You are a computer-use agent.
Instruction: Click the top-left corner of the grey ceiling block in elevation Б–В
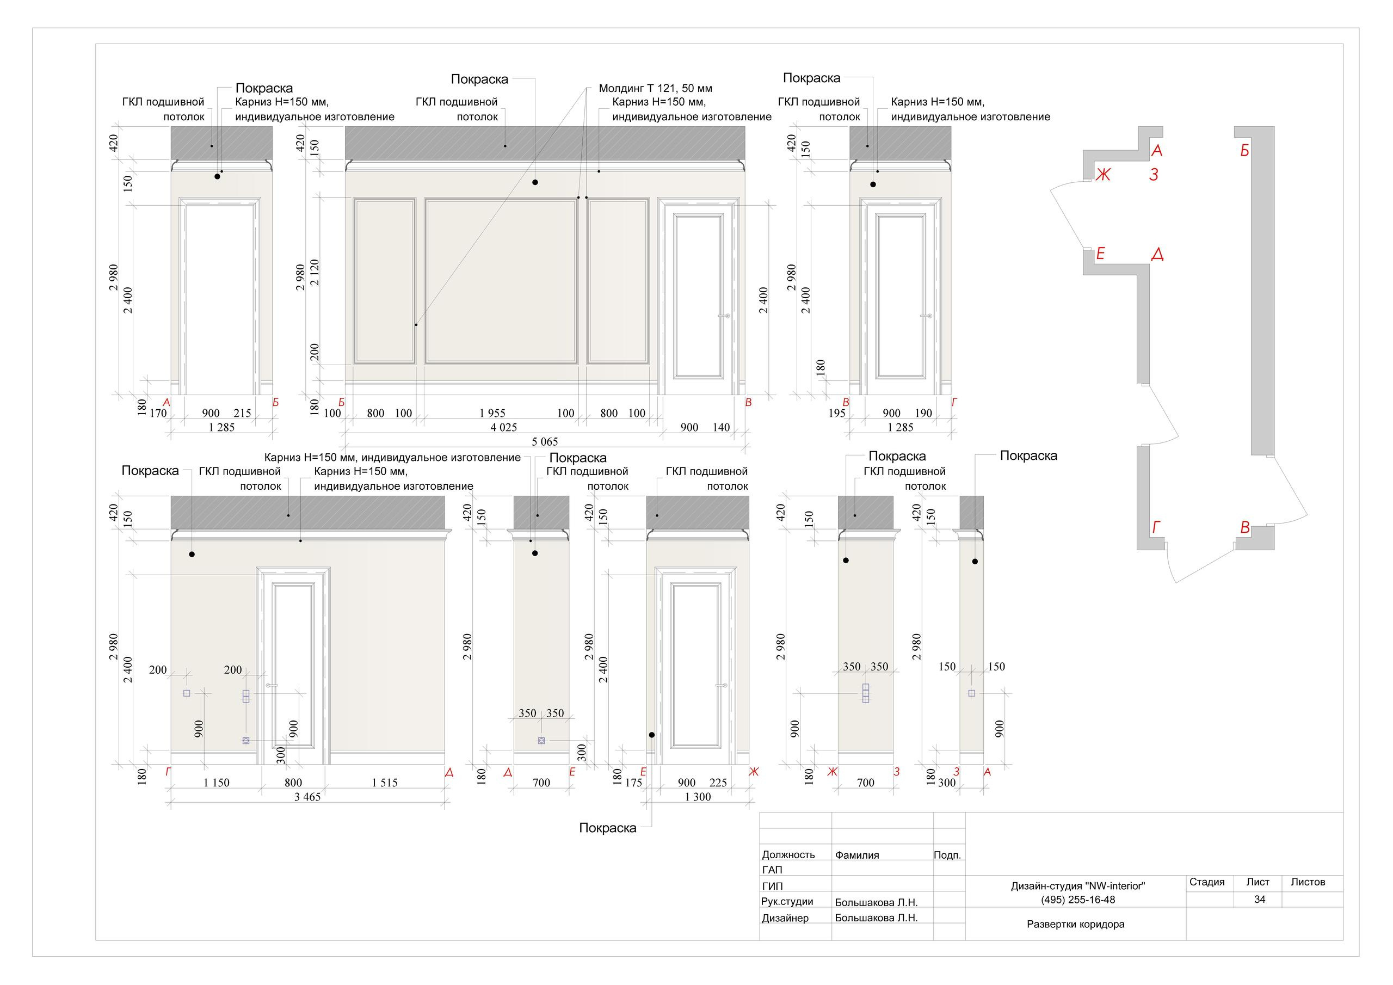[x=345, y=127]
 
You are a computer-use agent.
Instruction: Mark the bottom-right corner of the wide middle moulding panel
[x=577, y=364]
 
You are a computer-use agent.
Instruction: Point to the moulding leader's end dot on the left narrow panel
[x=416, y=325]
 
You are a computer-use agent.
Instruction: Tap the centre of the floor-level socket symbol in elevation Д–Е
[x=542, y=741]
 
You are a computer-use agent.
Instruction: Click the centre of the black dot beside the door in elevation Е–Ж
[x=651, y=735]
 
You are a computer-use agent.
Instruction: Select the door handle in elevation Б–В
[x=723, y=316]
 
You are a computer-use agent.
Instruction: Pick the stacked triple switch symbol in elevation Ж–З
[x=866, y=693]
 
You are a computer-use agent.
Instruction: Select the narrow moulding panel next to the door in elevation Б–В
[x=618, y=280]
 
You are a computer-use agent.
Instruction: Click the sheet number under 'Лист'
[x=1260, y=900]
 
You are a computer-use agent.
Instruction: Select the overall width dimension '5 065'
[x=545, y=441]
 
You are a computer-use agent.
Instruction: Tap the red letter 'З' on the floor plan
[x=1154, y=175]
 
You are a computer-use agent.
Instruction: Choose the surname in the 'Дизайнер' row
[x=876, y=918]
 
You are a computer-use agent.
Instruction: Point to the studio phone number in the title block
[x=1077, y=900]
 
